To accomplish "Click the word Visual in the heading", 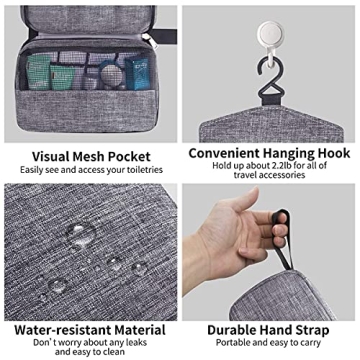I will [54, 156].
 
